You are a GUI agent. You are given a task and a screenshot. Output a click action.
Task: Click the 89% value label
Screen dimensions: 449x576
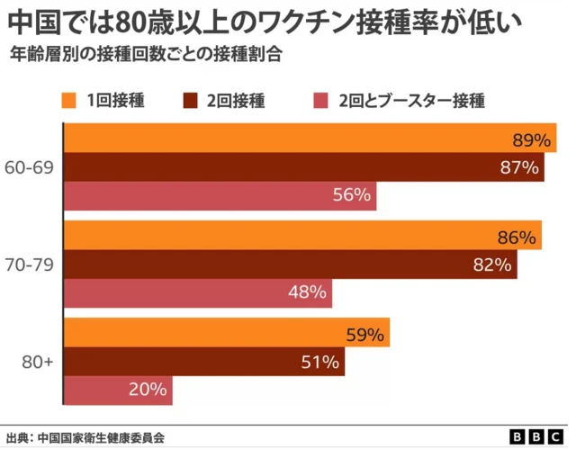(x=531, y=139)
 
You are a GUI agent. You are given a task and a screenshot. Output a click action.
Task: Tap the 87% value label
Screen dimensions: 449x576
(x=519, y=167)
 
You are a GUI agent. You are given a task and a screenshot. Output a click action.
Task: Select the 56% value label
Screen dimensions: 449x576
(x=352, y=195)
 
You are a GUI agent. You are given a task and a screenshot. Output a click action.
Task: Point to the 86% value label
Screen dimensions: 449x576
(x=517, y=238)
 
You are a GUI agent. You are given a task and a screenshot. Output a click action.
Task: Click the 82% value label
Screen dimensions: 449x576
(x=492, y=265)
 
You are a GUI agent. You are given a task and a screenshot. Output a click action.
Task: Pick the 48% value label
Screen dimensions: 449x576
(x=307, y=292)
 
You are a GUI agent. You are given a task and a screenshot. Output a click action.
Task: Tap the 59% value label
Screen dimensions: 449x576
(x=365, y=336)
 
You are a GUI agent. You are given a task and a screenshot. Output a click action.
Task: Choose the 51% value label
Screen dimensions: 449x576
(x=320, y=363)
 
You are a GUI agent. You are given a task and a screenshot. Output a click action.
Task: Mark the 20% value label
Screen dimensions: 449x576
(x=148, y=390)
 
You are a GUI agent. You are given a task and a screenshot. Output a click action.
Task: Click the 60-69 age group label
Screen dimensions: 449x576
(x=30, y=167)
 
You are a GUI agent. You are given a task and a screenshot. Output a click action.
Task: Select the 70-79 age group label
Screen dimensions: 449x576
(x=30, y=265)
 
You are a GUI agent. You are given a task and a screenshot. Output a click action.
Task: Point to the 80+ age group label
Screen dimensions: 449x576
(x=37, y=362)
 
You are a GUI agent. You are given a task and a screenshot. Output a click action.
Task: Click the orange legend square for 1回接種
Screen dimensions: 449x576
(x=69, y=100)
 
